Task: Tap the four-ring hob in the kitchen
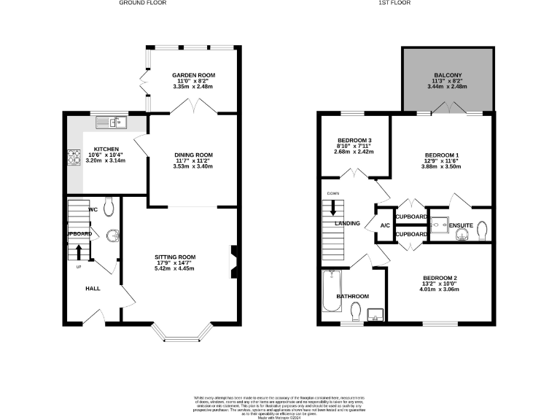pyautogui.click(x=74, y=157)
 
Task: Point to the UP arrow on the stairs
pyautogui.click(x=79, y=253)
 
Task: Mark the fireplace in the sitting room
pyautogui.click(x=234, y=260)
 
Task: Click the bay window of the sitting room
pyautogui.click(x=182, y=336)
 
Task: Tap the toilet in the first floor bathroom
pyautogui.click(x=354, y=312)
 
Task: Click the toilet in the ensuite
pyautogui.click(x=482, y=231)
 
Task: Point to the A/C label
pyautogui.click(x=384, y=225)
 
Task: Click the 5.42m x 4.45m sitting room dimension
pyautogui.click(x=175, y=268)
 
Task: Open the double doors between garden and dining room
pyautogui.click(x=193, y=108)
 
